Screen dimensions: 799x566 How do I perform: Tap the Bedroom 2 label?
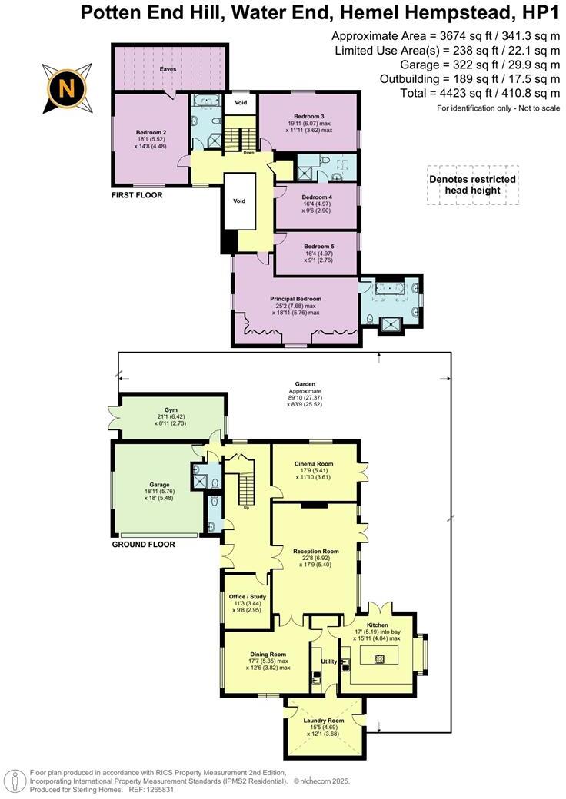[151, 131]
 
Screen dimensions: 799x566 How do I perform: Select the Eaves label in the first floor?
[168, 68]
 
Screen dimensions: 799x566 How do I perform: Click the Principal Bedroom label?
[295, 299]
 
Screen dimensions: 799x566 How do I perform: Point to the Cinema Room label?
[314, 464]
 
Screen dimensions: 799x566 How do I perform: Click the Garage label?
[159, 485]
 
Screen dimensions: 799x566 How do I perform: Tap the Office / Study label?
[247, 597]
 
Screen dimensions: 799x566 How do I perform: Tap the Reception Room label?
[315, 551]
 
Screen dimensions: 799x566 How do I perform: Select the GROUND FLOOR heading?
[144, 545]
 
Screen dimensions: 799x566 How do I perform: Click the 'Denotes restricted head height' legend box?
[472, 184]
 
